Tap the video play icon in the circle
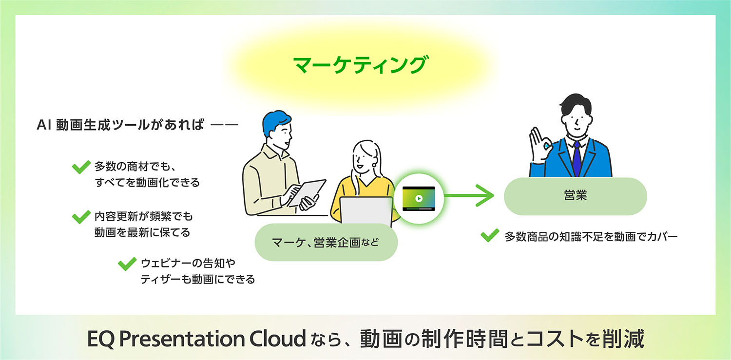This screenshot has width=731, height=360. click(x=418, y=199)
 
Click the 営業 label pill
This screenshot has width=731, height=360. click(x=575, y=196)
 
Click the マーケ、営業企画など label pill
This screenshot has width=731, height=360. click(x=326, y=242)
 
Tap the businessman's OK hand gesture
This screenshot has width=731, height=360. click(x=540, y=144)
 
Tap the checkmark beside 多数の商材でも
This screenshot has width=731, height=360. click(x=81, y=167)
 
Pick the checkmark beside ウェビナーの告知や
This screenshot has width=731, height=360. click(x=127, y=264)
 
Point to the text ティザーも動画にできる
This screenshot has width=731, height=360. click(x=197, y=280)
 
